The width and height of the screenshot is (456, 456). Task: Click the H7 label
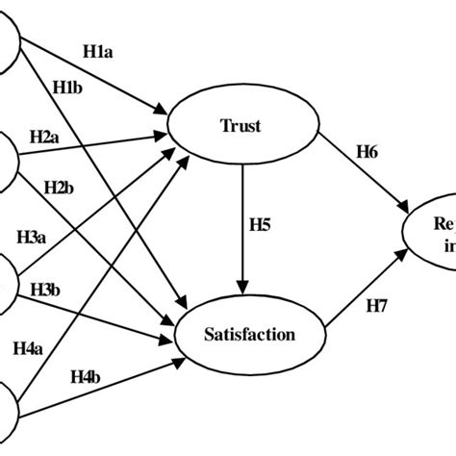click(375, 306)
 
